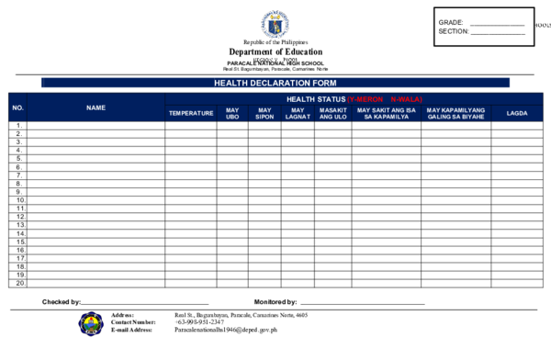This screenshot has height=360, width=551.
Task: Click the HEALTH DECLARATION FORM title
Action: (x=275, y=83)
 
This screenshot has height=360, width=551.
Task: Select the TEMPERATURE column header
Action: (x=191, y=113)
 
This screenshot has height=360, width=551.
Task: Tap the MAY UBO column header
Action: (x=232, y=113)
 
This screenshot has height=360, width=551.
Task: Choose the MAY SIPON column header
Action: (x=264, y=113)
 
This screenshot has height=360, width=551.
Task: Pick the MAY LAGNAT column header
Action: (x=297, y=113)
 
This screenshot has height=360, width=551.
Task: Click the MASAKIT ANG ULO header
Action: (x=332, y=113)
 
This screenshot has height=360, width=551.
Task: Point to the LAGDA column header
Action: (x=516, y=113)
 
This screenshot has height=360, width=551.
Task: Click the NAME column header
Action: (x=96, y=107)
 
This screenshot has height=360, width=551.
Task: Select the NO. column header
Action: (x=18, y=107)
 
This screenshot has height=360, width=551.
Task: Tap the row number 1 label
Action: (x=18, y=126)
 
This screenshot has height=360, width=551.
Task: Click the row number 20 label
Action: (x=18, y=283)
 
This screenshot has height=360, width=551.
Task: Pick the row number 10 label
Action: (x=18, y=200)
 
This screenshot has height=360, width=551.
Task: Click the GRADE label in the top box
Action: (x=451, y=22)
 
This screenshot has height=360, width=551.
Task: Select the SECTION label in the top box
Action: (x=454, y=31)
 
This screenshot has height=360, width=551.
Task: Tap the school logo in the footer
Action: (x=91, y=323)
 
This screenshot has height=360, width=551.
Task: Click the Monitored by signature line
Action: (x=362, y=303)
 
